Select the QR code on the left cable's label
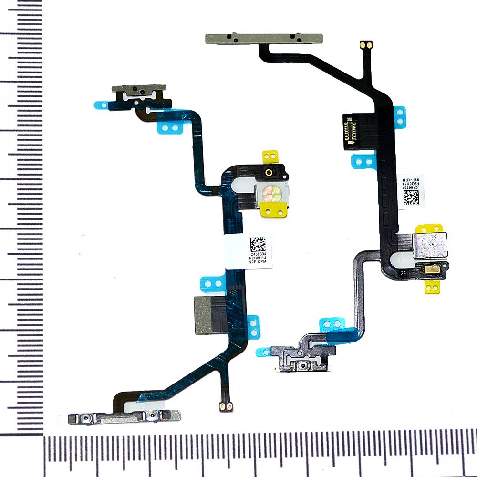(258, 244)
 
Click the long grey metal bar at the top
(265, 38)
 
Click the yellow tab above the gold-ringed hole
(270, 156)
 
